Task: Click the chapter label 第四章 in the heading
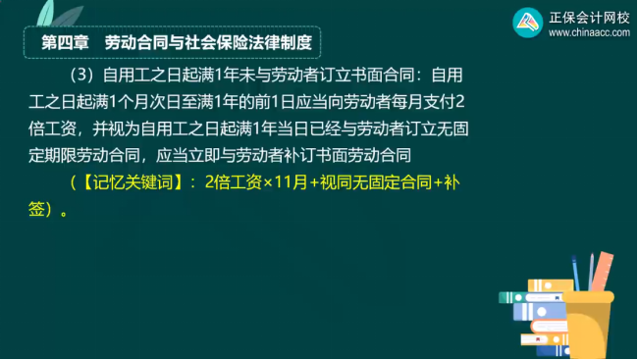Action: (x=67, y=44)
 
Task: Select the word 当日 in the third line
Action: (x=335, y=129)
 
